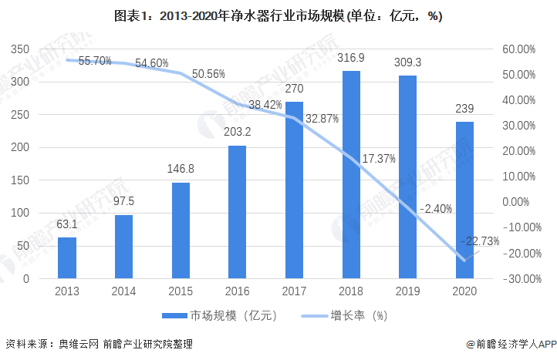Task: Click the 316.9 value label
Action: (x=351, y=58)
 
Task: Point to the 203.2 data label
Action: (x=238, y=133)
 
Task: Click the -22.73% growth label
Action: (x=479, y=241)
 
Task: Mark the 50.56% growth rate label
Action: (x=208, y=74)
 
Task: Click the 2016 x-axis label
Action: (x=238, y=292)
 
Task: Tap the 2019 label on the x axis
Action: (x=408, y=292)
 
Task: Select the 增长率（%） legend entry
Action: (x=357, y=315)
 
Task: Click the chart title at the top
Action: (x=278, y=15)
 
